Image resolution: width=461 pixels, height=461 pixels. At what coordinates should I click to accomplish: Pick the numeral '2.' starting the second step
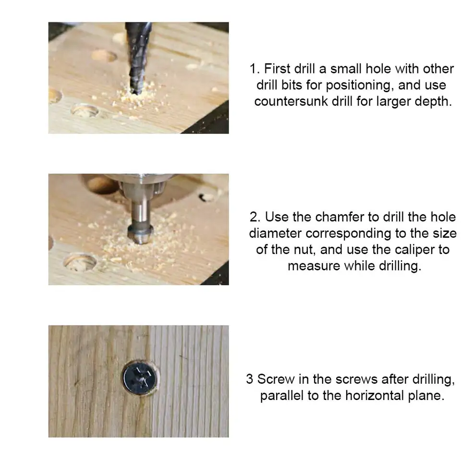click(x=255, y=217)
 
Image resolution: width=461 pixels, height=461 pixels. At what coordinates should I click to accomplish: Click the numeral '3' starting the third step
click(x=250, y=379)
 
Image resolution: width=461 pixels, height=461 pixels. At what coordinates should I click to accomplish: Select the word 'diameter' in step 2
click(x=275, y=233)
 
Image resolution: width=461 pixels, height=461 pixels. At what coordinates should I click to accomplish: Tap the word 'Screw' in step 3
click(x=276, y=379)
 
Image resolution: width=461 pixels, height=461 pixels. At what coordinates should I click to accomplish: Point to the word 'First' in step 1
click(x=277, y=69)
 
